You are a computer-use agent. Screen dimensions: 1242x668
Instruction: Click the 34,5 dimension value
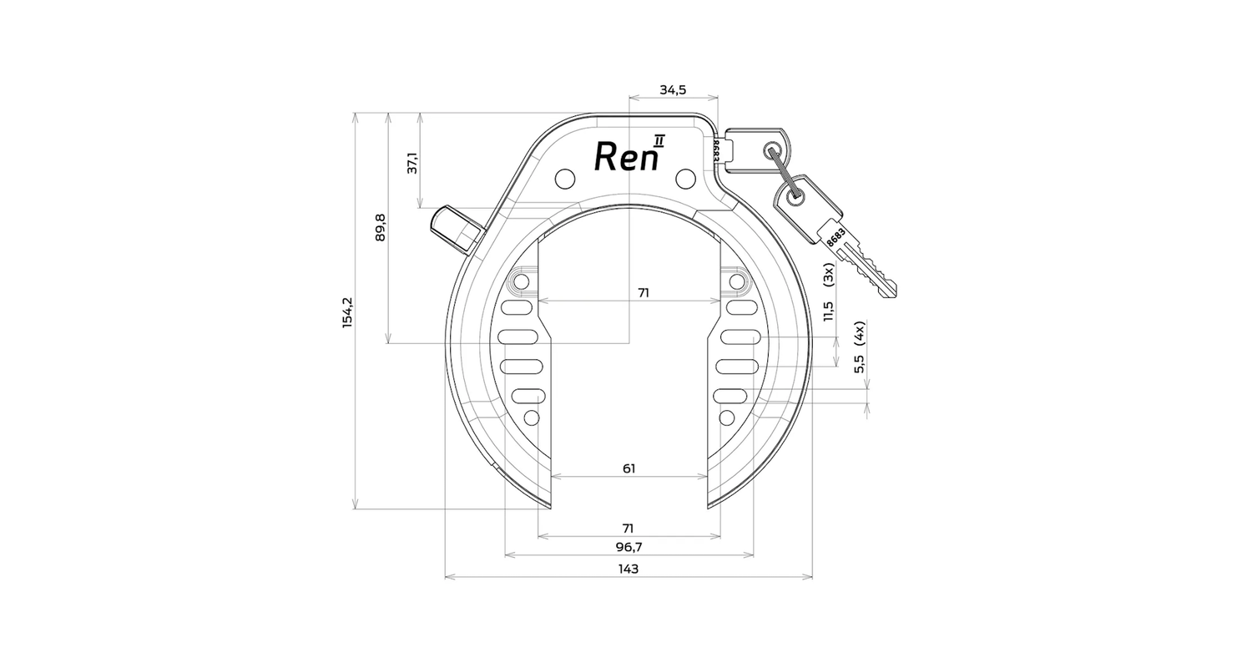coord(673,89)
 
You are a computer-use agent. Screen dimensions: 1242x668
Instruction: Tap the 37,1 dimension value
coord(412,163)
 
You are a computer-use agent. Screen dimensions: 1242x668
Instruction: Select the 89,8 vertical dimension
coord(381,227)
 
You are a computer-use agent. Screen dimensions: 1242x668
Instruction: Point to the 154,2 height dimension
coord(347,312)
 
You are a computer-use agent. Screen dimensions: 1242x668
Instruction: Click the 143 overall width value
coord(629,569)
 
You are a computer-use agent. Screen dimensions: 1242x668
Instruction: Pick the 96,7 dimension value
coord(629,547)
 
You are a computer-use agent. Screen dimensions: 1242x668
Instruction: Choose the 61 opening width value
coord(629,468)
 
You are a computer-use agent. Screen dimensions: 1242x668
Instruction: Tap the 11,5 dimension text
coord(828,311)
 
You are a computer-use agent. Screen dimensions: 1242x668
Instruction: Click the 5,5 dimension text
coord(860,363)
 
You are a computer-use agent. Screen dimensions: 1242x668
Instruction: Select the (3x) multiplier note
coord(828,275)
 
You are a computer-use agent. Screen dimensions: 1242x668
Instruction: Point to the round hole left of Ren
coord(565,178)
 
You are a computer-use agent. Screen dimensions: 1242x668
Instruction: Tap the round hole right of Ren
coord(686,178)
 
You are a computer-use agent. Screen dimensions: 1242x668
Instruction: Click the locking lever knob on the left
coord(456,230)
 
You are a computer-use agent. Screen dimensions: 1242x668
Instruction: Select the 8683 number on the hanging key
coord(836,235)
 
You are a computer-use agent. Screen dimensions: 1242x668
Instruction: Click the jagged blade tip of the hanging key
coord(891,291)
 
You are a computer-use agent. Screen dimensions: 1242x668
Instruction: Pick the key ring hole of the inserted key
coord(771,149)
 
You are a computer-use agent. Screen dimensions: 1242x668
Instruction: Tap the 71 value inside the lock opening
coord(644,292)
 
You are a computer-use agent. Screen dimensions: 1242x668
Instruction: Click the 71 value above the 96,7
coord(629,529)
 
